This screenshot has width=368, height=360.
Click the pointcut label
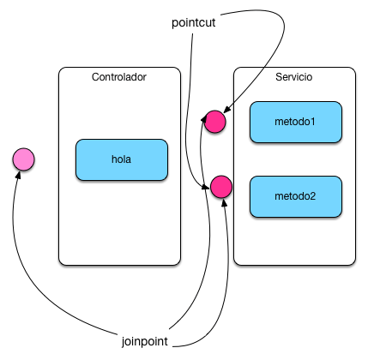(193, 22)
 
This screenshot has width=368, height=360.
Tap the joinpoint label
(145, 341)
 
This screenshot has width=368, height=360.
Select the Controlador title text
(119, 77)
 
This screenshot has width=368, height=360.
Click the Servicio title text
(294, 77)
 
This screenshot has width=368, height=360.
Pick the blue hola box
(122, 159)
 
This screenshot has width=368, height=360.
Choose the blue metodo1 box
(296, 122)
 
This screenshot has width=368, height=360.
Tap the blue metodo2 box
(296, 196)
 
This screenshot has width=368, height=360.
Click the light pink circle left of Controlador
(23, 159)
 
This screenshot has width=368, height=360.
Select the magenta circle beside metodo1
(214, 122)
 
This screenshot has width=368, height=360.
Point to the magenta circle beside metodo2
(221, 187)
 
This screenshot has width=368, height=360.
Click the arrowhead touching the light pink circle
(19, 175)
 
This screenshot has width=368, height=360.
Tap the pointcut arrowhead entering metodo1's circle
(226, 110)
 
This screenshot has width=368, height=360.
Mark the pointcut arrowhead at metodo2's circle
(206, 187)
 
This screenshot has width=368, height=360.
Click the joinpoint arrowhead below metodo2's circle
(225, 202)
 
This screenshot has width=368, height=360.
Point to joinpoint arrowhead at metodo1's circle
(204, 118)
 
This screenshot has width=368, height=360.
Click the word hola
(121, 159)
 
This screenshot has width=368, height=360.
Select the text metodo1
(295, 122)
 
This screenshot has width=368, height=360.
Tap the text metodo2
(295, 196)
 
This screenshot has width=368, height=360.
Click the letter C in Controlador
(95, 77)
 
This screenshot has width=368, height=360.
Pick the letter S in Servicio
(279, 77)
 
